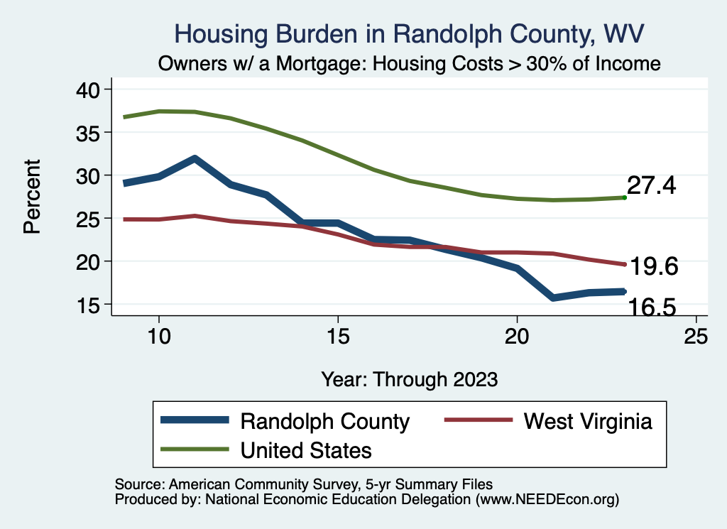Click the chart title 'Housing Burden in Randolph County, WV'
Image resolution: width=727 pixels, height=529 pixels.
click(x=410, y=34)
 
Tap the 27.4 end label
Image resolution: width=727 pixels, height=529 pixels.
click(x=651, y=186)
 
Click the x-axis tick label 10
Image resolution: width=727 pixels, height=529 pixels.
click(x=158, y=337)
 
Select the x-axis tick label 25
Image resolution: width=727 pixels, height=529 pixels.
click(x=696, y=337)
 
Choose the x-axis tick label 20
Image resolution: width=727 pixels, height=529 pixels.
click(x=517, y=337)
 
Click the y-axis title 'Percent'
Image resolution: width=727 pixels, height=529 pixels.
click(x=31, y=197)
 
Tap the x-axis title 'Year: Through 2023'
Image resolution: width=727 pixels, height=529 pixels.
click(x=409, y=378)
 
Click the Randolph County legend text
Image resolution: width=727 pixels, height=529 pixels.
click(x=325, y=421)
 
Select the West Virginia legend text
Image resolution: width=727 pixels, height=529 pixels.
click(x=588, y=421)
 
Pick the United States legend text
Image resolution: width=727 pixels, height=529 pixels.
click(x=306, y=449)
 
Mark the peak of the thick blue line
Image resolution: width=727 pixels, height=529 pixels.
click(x=194, y=158)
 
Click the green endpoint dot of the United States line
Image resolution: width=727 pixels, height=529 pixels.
click(x=624, y=197)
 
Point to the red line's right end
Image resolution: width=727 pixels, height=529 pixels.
click(x=624, y=264)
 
